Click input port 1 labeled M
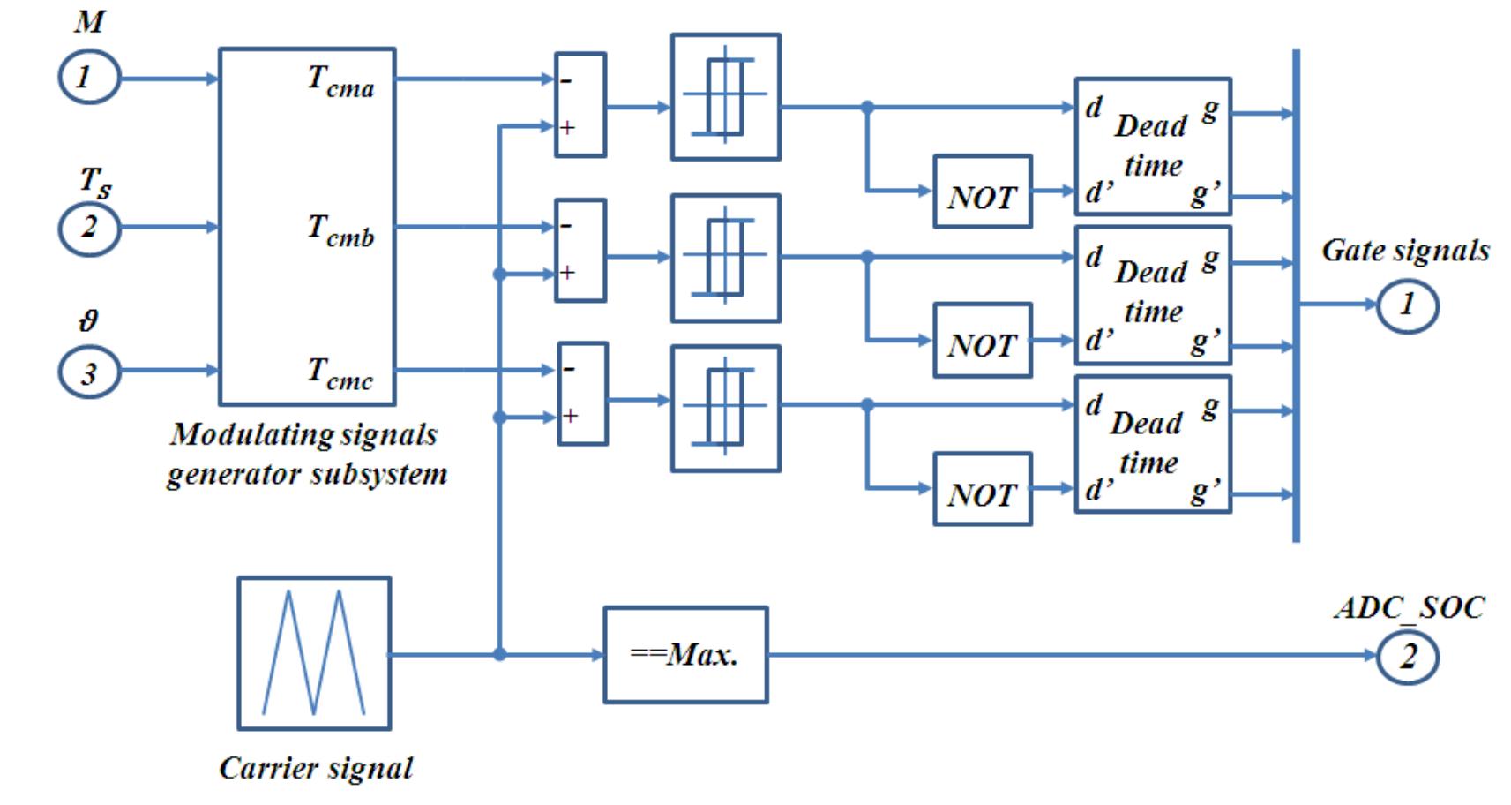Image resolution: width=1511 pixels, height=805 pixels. pos(88,78)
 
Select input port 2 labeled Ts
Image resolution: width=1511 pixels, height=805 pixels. pos(88,228)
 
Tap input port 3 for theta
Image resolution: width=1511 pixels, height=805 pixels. pos(88,372)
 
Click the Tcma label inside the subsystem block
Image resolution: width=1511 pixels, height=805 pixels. pos(340,81)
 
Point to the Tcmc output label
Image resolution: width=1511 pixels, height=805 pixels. pos(340,372)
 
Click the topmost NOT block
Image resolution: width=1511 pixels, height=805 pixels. pos(982,192)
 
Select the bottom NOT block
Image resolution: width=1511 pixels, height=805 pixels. pos(982,490)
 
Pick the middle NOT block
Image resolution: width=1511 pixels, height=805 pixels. pos(982,341)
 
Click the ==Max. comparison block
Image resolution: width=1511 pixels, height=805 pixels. pos(685,655)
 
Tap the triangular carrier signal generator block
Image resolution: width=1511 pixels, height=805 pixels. pos(314,653)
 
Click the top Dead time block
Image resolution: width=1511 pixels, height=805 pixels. pos(1152,147)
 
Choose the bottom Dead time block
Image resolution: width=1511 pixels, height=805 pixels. pos(1152,444)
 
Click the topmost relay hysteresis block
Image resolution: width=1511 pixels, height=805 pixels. pos(725,97)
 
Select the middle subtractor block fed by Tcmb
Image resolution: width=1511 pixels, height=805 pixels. pos(580,251)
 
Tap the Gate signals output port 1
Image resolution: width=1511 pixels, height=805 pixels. pos(1407,305)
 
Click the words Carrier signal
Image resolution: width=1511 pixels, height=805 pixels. pos(316,768)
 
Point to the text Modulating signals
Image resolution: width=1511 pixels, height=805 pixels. pos(304,434)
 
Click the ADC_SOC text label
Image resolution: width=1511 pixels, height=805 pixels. pos(1409,607)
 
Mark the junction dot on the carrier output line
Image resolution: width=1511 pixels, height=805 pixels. pos(499,655)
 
